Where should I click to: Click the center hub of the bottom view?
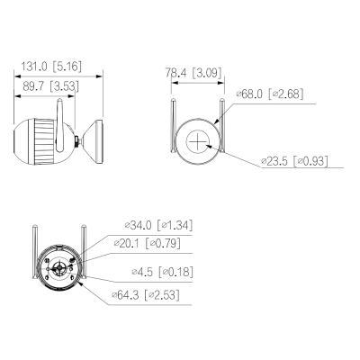point(60,267)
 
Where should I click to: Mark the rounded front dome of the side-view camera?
point(21,139)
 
